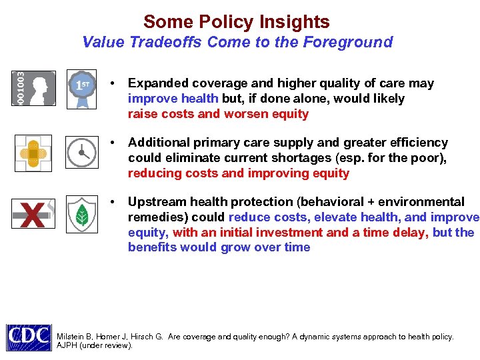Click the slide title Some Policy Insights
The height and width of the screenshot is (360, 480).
[236, 22]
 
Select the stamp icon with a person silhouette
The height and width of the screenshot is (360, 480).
[33, 87]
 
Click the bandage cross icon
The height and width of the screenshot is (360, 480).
[33, 153]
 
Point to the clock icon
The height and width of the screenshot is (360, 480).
[82, 153]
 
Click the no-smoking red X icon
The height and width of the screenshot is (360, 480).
[33, 213]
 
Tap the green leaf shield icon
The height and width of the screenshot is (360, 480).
[82, 213]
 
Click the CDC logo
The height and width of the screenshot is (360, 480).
[29, 337]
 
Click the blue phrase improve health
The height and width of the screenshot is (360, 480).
[173, 99]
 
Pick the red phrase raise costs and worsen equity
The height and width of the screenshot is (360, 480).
[218, 113]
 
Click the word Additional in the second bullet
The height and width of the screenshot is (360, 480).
[157, 143]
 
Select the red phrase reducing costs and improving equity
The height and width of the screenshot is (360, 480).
[238, 173]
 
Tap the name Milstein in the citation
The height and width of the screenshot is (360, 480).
[71, 337]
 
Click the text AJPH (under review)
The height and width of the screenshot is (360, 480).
[95, 346]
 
